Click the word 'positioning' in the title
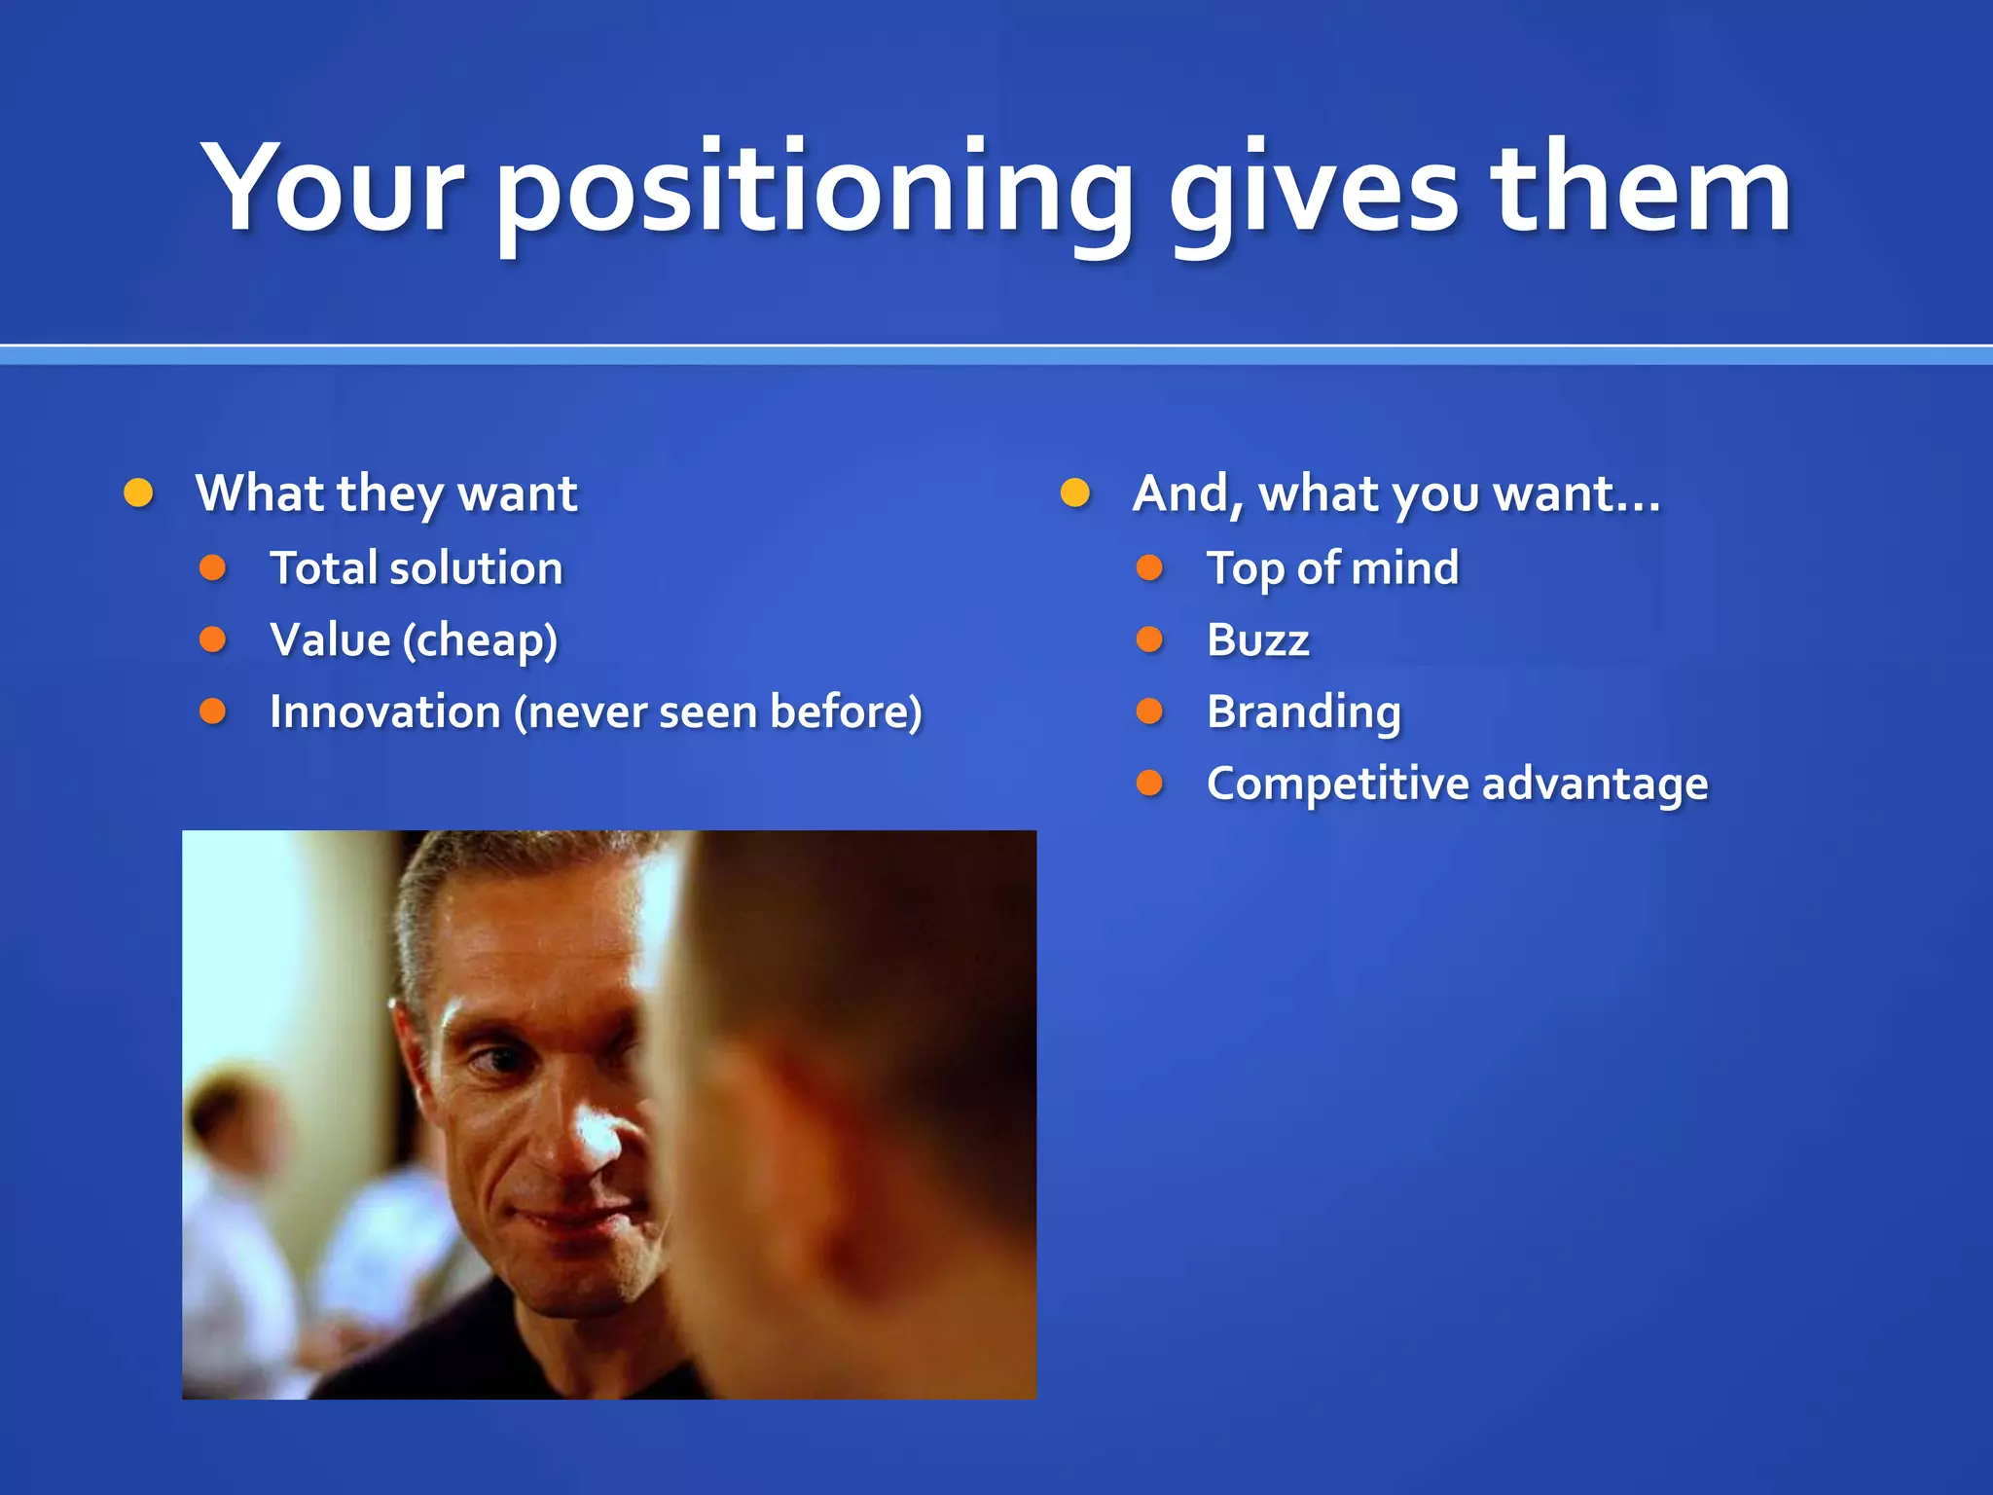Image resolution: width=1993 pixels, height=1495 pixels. (x=815, y=190)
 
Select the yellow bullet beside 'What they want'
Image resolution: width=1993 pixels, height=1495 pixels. (x=138, y=492)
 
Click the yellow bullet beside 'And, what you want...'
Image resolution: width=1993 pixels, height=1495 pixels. (x=1074, y=492)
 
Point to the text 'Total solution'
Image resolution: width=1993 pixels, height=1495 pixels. (x=416, y=568)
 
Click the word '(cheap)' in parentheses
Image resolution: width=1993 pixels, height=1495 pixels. (x=481, y=641)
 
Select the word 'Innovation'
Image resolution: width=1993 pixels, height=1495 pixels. (x=384, y=711)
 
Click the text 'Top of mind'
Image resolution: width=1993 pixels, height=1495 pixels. (x=1332, y=568)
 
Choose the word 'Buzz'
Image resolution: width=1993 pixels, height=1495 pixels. (x=1257, y=640)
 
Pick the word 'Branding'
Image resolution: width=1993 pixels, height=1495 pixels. (x=1304, y=712)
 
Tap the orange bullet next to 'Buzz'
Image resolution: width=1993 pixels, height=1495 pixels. (x=1149, y=639)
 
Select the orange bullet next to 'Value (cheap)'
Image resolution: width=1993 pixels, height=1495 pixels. (x=212, y=639)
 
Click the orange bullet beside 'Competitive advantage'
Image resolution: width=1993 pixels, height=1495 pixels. (x=1149, y=783)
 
